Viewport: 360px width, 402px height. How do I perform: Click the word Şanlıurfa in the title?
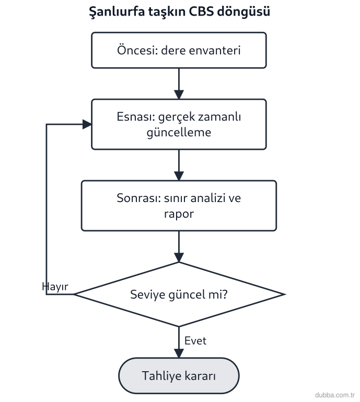click(x=117, y=12)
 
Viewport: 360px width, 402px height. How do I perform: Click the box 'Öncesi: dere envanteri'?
click(x=179, y=50)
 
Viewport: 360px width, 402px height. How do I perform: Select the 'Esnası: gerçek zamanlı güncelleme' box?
click(x=179, y=124)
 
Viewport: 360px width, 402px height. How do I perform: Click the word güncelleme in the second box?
click(x=179, y=133)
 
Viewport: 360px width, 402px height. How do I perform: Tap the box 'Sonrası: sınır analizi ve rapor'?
click(x=179, y=206)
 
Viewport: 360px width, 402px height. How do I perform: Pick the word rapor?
click(x=179, y=214)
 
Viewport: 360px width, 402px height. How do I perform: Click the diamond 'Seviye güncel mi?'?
click(x=179, y=294)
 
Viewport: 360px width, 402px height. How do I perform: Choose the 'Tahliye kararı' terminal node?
click(x=179, y=375)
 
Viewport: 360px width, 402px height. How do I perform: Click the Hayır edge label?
click(x=55, y=287)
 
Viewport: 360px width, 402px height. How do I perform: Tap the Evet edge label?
click(x=195, y=341)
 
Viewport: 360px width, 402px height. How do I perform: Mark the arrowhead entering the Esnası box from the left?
click(x=87, y=124)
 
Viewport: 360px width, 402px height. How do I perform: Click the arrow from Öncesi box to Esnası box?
click(x=179, y=84)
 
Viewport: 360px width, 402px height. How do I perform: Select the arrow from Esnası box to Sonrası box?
click(x=179, y=165)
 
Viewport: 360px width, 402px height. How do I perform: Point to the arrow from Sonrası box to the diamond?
click(x=179, y=246)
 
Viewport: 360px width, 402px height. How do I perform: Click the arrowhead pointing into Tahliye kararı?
click(x=179, y=353)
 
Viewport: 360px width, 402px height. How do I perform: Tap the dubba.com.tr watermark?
click(x=335, y=395)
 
